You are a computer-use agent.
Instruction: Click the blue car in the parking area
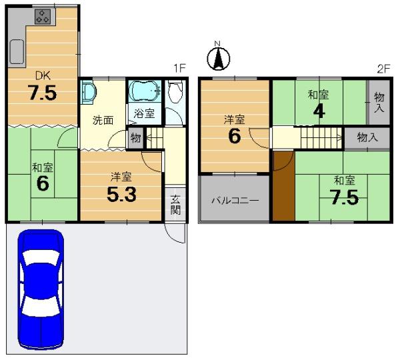pos(41,289)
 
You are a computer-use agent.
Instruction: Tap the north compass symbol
pos(218,57)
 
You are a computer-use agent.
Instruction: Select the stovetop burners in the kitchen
pos(43,17)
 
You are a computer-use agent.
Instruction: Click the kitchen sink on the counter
pos(17,52)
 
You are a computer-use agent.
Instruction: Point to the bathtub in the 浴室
pos(145,91)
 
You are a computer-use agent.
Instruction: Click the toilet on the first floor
pos(175,91)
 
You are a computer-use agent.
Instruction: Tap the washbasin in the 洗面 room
pos(88,92)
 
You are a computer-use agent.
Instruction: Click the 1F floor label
pos(179,69)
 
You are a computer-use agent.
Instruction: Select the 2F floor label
pos(383,69)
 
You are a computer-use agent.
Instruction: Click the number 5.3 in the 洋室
pos(122,195)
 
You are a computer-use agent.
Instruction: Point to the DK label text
pos(43,76)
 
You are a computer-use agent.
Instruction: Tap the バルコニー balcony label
pos(235,201)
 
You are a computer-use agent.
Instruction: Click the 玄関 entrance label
pos(175,205)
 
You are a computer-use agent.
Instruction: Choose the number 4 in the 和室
pos(319,111)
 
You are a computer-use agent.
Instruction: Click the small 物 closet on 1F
pos(136,138)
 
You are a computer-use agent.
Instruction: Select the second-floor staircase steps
pos(321,138)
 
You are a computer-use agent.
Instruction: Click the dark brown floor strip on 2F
pos(284,185)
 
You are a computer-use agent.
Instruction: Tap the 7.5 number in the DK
pos(42,93)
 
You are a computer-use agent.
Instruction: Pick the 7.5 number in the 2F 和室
pos(345,197)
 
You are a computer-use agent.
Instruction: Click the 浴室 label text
pos(145,113)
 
